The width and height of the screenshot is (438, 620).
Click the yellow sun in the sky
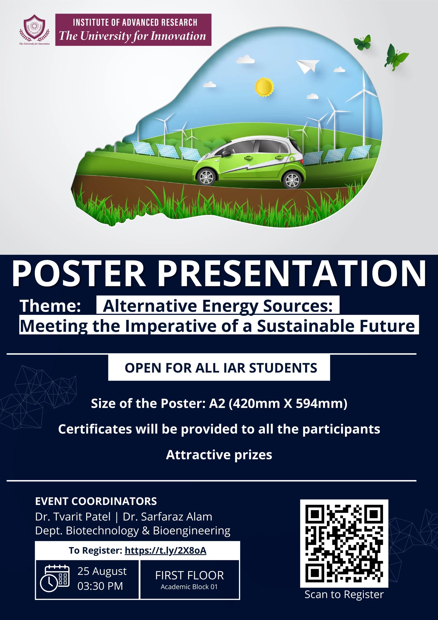coord(264,87)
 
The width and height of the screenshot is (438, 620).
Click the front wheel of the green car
coord(207,177)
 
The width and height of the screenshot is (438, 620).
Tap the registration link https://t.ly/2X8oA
coord(165,550)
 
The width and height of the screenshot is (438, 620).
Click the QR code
coord(344,543)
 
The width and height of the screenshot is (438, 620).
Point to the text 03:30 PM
coord(100,586)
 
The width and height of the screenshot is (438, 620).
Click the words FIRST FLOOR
coord(189,575)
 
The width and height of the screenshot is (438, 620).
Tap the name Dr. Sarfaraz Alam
coord(167,517)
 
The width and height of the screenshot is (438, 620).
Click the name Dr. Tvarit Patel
coord(73,517)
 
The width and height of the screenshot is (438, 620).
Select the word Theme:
coord(51,306)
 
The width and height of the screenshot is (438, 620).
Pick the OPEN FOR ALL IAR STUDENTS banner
coord(219,368)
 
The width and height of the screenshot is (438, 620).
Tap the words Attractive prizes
coord(219,455)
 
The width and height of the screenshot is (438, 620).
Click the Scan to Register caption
coord(344,594)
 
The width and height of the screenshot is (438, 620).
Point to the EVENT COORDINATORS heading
coord(96,501)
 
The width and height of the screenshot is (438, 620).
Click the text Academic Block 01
coord(189,587)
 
